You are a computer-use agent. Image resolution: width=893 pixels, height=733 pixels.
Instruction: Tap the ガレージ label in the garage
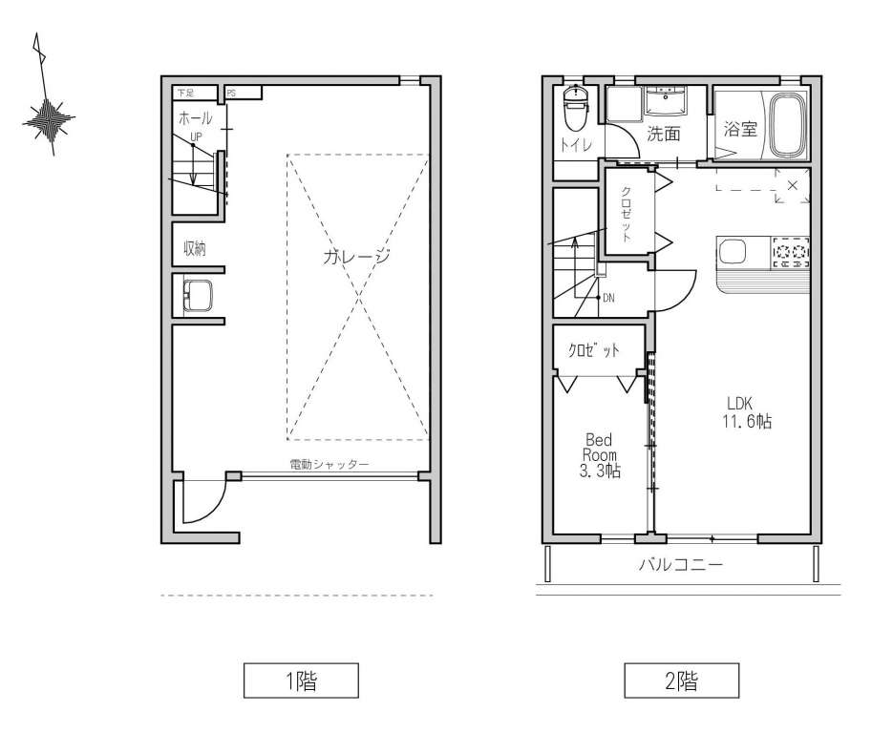(356, 257)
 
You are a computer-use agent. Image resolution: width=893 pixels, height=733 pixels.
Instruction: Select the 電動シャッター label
(330, 465)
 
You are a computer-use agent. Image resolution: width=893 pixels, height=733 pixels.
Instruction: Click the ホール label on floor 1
(196, 118)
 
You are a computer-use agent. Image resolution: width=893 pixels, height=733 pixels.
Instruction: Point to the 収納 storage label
(194, 248)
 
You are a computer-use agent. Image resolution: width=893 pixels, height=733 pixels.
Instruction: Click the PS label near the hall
(231, 93)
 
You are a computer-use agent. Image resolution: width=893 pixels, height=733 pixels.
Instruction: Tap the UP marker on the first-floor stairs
(196, 136)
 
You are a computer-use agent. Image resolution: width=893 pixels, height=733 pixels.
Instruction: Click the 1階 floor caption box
(301, 681)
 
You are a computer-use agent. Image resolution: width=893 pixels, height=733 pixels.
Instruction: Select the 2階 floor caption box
(682, 681)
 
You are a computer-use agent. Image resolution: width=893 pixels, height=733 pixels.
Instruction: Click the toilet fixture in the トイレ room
(575, 108)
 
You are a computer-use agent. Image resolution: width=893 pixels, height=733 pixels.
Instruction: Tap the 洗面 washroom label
(664, 134)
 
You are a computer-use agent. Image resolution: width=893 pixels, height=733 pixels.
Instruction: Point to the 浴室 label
(740, 129)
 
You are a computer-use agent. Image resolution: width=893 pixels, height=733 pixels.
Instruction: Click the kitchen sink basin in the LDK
(732, 250)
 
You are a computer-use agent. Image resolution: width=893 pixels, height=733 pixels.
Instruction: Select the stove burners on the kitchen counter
(791, 251)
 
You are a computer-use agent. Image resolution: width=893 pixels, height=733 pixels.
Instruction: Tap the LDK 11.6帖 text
(747, 412)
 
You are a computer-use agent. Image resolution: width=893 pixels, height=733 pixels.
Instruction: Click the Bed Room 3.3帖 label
(601, 455)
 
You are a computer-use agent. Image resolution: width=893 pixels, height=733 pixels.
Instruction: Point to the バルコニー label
(681, 565)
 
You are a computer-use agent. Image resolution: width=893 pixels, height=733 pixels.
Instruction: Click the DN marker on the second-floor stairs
(608, 298)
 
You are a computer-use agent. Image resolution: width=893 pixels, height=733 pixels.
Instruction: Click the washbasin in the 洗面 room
(666, 102)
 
